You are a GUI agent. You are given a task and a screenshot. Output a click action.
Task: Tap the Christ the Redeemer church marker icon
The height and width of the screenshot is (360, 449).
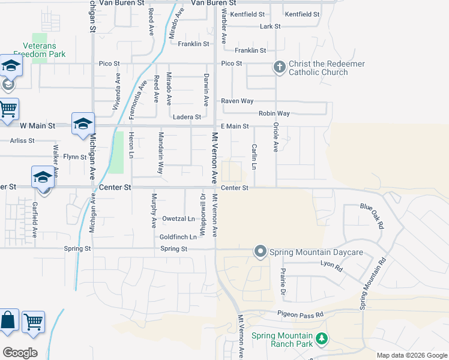point(279,67)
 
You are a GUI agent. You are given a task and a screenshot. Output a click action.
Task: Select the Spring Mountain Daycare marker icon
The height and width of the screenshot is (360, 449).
point(260,251)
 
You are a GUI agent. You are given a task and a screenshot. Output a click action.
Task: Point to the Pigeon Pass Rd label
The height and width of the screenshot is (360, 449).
point(300,314)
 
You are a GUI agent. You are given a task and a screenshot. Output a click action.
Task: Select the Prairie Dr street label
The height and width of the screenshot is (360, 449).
point(283,281)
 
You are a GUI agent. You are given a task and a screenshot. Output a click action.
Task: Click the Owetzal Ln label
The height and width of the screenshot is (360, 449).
point(179,219)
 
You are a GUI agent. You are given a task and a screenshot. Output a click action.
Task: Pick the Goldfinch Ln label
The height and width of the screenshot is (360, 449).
point(178,237)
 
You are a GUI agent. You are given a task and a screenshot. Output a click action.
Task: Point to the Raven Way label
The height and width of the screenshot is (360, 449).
point(237,101)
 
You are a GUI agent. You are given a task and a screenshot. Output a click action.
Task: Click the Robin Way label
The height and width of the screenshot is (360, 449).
point(274,113)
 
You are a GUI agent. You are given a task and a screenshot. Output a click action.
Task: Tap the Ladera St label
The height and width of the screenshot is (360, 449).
point(186,117)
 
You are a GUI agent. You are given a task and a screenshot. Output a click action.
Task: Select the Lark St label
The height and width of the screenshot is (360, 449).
point(270,26)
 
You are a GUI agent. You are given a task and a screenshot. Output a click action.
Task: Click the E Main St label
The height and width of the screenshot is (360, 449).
point(235,126)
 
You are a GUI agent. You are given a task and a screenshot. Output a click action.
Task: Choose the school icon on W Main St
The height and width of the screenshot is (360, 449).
point(82,124)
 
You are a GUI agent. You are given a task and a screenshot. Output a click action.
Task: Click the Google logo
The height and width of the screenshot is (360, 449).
point(20,352)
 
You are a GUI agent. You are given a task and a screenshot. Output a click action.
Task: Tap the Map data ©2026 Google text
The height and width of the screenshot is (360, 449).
point(411,355)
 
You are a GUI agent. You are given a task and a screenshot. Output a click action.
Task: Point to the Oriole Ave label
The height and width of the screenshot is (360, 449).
point(276,137)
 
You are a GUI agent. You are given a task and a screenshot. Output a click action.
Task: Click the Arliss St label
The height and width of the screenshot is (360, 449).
point(22,140)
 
